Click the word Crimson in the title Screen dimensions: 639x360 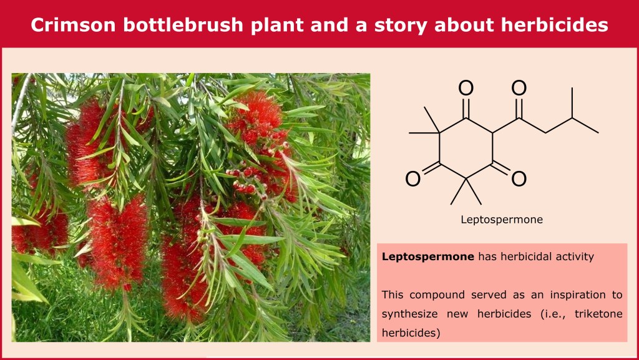coord(74,25)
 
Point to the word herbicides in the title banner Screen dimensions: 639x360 coord(555,25)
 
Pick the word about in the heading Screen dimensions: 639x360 coord(464,25)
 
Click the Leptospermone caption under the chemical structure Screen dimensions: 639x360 coord(502,220)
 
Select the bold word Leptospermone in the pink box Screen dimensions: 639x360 coord(428,257)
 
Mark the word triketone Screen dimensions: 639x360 coord(598,314)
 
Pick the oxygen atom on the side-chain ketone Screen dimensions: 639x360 coord(519,89)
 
